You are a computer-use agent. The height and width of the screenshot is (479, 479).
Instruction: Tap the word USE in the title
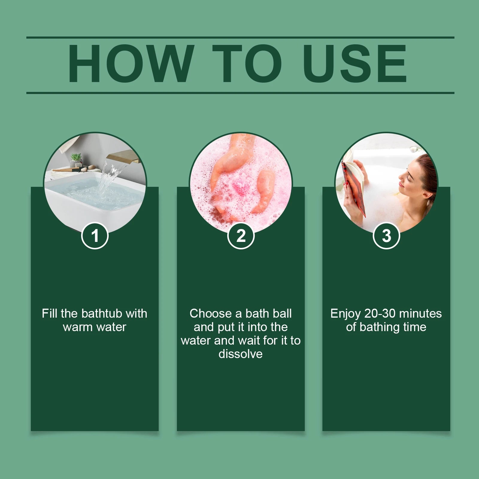pos(355,63)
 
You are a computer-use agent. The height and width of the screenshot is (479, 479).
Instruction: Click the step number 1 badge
pos(95,236)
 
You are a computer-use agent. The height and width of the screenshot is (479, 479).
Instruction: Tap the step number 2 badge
pos(241,236)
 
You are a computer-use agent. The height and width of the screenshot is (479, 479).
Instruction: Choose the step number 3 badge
pos(386,236)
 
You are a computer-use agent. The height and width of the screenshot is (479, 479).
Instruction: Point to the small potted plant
pos(76,160)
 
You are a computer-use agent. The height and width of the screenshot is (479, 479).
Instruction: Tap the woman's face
pos(409,175)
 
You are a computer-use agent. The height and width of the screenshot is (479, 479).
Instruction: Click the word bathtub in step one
pos(102,313)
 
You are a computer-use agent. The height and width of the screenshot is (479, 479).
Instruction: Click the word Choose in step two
pos(210,313)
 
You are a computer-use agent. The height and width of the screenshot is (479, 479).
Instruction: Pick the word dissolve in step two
pos(240,354)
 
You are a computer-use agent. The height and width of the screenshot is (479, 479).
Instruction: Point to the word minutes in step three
pos(420,313)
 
